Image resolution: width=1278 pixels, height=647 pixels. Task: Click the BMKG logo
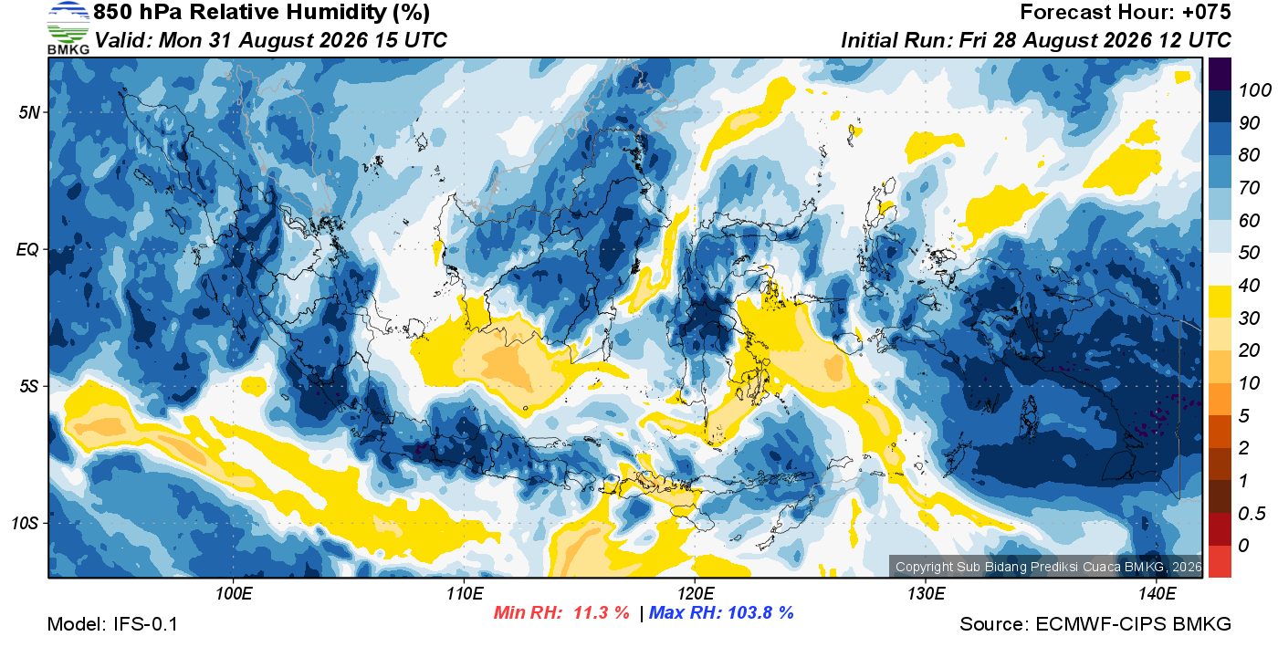click(68, 28)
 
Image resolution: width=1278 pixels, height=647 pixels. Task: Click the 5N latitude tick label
click(29, 112)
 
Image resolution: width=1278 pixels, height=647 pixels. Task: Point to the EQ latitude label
click(27, 250)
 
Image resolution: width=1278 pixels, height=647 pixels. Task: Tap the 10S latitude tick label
click(26, 523)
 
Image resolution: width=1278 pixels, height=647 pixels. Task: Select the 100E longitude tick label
click(234, 593)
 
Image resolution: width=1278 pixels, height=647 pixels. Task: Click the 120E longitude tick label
click(695, 593)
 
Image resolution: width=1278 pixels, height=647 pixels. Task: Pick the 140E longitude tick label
click(1157, 593)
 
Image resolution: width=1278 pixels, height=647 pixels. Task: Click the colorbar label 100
click(1255, 90)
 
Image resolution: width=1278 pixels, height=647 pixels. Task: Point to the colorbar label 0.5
click(1252, 514)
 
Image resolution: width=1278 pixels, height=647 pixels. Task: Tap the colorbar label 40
click(1249, 286)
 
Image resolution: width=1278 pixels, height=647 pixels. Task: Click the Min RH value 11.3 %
click(602, 612)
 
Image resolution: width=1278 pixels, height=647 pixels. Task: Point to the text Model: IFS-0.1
click(112, 624)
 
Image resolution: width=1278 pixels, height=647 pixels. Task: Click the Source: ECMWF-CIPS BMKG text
click(1095, 624)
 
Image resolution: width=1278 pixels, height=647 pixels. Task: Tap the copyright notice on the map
click(1048, 567)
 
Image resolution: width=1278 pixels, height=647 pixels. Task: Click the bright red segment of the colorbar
click(1220, 562)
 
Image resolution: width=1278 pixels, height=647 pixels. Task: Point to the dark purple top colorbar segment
click(1220, 74)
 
